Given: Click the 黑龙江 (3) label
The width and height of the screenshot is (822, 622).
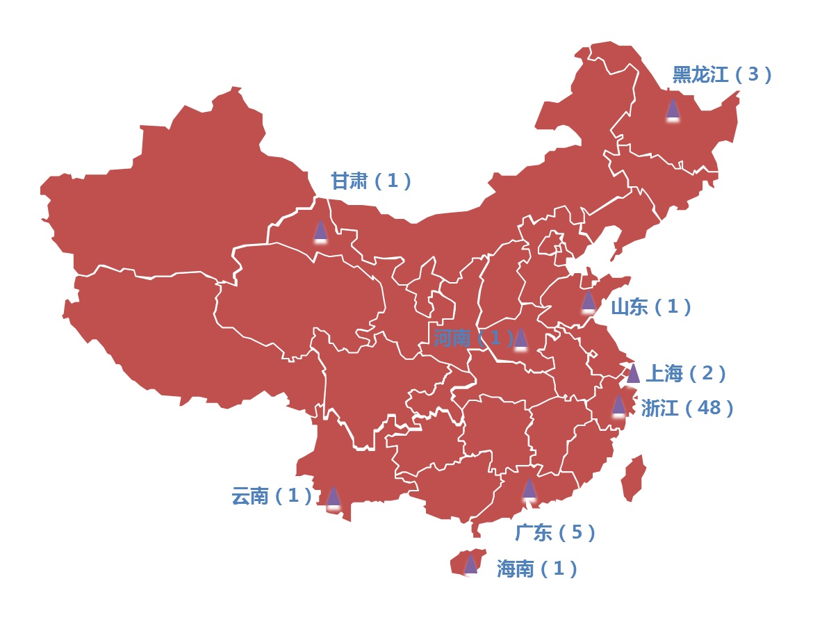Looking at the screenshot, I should (722, 74).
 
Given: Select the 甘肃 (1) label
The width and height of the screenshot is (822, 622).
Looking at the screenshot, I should (370, 181).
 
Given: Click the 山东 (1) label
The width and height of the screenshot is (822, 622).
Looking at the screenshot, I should (650, 306).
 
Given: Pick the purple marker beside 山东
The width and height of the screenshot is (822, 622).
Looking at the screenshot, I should (588, 300).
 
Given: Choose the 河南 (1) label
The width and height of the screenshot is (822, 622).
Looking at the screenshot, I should (472, 338).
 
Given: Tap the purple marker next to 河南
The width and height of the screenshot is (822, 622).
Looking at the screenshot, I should (520, 338).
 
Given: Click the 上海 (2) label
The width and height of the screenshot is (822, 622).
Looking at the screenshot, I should (686, 373).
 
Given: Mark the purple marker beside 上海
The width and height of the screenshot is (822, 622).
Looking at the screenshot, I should (633, 373).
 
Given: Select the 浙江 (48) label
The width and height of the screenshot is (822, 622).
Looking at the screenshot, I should (687, 407).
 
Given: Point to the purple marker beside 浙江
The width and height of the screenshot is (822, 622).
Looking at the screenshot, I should (618, 404).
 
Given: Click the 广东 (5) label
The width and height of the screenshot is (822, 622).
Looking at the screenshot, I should (554, 532).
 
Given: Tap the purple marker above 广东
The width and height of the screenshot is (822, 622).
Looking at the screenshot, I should (529, 488).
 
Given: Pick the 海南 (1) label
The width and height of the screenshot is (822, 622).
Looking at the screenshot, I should (536, 568).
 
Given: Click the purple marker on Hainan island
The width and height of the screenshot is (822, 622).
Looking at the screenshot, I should (470, 564).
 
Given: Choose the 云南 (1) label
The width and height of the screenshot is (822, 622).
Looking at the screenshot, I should (271, 496).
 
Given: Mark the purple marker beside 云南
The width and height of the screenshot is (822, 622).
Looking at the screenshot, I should (334, 496).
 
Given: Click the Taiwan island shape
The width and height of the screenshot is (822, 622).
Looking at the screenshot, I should (634, 477).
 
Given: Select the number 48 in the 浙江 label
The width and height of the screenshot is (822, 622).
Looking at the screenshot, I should (709, 407).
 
